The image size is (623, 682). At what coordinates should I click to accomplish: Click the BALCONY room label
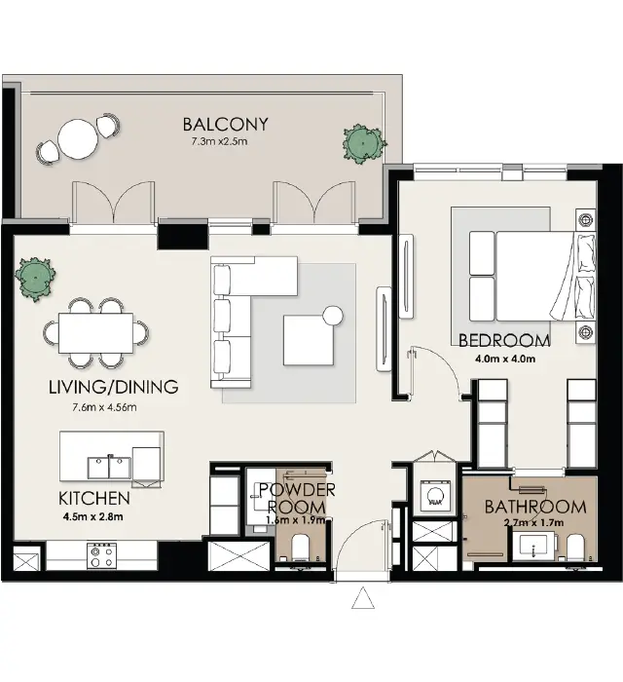225,125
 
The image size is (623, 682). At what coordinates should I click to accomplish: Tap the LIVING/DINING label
113,387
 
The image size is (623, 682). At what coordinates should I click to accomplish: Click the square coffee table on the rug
307,338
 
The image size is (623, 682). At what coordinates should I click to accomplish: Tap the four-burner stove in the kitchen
102,555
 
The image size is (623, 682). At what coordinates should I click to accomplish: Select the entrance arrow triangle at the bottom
363,599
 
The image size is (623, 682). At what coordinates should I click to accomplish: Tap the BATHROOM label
534,507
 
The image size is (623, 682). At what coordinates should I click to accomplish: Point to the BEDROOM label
503,341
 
